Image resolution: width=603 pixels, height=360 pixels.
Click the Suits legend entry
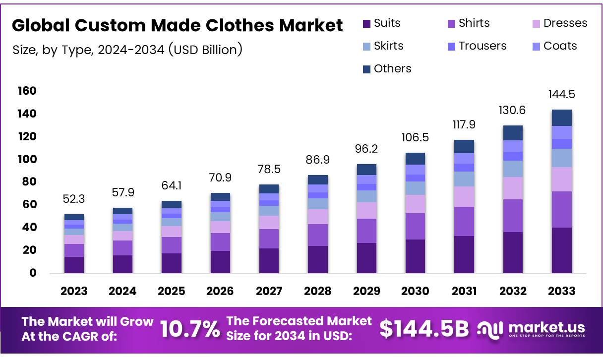click(x=382, y=23)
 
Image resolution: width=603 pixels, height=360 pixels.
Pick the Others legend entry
click(x=387, y=68)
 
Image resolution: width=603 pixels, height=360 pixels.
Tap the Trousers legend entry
click(x=477, y=46)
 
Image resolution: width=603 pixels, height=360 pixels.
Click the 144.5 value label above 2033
click(x=561, y=95)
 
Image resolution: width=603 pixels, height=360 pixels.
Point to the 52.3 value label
click(x=74, y=198)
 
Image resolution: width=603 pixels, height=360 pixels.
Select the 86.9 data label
click(x=317, y=160)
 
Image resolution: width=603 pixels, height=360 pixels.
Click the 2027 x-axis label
click(x=269, y=291)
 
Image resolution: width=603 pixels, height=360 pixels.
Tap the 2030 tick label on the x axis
click(x=415, y=291)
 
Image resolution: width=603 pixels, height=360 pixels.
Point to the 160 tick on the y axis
click(x=27, y=91)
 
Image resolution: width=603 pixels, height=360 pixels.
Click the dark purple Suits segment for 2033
click(x=561, y=250)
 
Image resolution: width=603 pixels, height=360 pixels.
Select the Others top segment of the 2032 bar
click(x=513, y=133)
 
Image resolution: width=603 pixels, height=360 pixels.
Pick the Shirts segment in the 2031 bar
click(x=464, y=221)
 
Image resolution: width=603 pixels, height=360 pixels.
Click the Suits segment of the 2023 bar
click(x=74, y=265)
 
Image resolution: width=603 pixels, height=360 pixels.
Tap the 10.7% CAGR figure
click(x=190, y=329)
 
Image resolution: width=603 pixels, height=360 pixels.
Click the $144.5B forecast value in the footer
click(x=424, y=329)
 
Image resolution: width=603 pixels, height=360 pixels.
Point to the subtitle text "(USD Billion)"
click(x=205, y=50)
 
